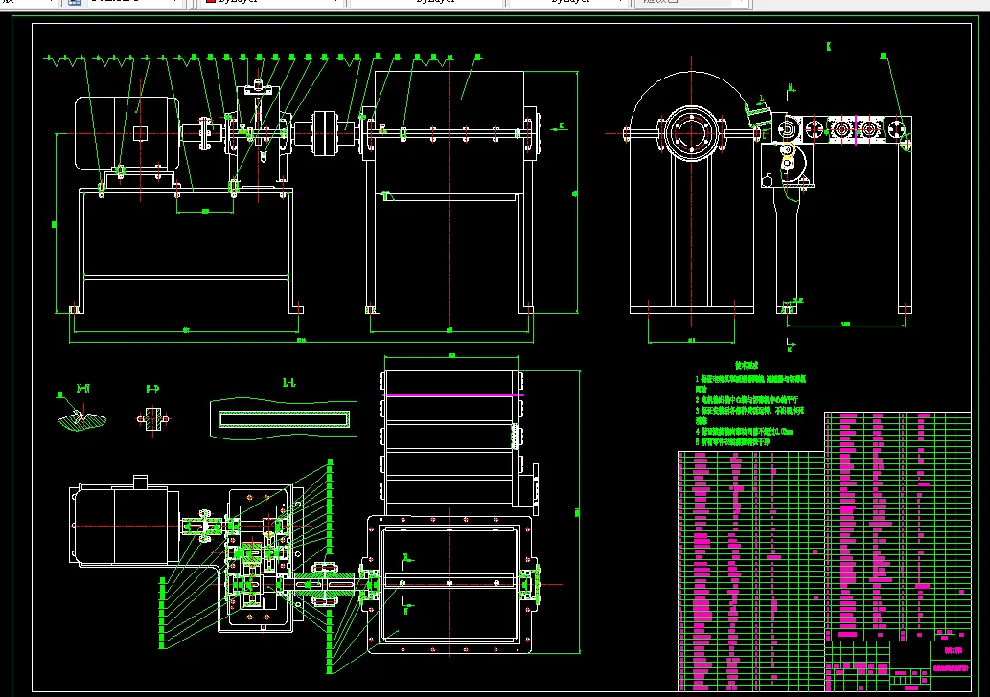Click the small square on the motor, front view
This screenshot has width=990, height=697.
(x=141, y=133)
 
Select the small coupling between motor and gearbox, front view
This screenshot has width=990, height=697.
(x=205, y=134)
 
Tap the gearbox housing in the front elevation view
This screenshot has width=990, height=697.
(x=256, y=134)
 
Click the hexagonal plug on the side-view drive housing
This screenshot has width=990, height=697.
(x=769, y=180)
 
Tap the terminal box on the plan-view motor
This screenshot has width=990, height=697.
(x=140, y=483)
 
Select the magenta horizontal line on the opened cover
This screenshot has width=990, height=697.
(x=453, y=394)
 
